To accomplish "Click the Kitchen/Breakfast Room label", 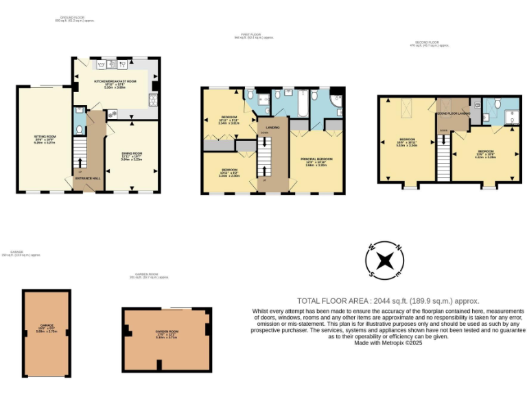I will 115,81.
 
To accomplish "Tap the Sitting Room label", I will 45,137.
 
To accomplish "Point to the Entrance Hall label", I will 86,178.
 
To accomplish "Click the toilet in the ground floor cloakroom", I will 80,129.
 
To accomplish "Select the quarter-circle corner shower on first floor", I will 336,101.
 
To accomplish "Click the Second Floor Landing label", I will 454,113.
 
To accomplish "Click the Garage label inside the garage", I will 47,324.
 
